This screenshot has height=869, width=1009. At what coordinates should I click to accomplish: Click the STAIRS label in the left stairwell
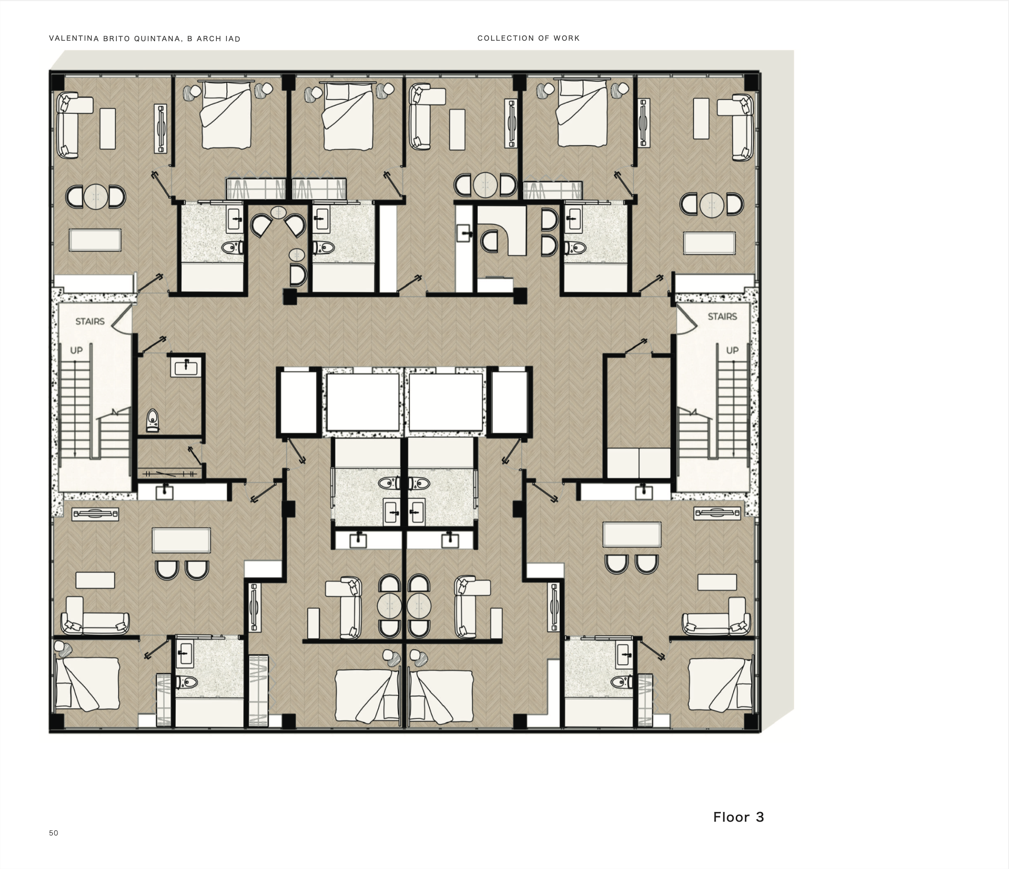pos(90,321)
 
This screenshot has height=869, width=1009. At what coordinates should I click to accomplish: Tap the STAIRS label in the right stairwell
pos(722,316)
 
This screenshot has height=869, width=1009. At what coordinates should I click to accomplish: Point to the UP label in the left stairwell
pos(77,350)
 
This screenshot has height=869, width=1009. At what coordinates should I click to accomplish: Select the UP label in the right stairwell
pos(732,350)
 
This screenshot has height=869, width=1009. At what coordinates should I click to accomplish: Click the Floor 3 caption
pos(739,817)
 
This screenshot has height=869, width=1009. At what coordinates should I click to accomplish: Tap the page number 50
pos(54,833)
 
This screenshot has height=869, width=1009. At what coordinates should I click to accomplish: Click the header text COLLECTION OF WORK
pos(528,38)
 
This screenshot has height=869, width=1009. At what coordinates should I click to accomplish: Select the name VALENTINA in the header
pos(74,38)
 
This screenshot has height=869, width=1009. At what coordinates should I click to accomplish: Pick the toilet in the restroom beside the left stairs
pos(152,420)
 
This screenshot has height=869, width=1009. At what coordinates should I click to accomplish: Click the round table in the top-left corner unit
pos(96,196)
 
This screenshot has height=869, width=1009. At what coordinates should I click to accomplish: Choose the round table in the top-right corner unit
pos(712,204)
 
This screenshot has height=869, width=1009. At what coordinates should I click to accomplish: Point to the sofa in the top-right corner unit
pos(737,128)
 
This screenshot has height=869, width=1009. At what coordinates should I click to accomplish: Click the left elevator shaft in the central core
pos(363,402)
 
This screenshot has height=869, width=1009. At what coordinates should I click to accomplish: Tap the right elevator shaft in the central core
pos(446,402)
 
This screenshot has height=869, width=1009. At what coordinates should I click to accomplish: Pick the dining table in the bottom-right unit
pos(632,535)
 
